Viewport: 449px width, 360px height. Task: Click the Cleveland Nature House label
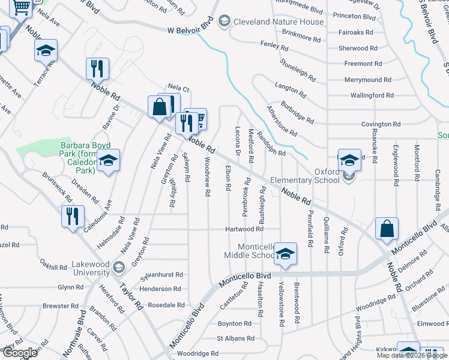(x=271, y=22)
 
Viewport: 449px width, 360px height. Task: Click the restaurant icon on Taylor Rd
(x=72, y=215)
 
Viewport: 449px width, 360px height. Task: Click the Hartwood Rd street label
(x=244, y=229)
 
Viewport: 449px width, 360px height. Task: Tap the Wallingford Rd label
(x=372, y=95)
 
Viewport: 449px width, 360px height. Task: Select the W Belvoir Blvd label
(x=190, y=29)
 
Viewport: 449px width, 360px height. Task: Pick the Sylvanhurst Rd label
(x=161, y=274)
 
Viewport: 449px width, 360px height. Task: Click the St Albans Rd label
(x=231, y=338)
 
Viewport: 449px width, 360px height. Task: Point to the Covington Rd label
(x=381, y=124)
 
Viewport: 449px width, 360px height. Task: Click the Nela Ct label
(x=178, y=88)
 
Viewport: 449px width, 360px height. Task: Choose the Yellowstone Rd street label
(x=281, y=304)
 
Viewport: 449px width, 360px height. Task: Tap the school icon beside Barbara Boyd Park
(x=108, y=160)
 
